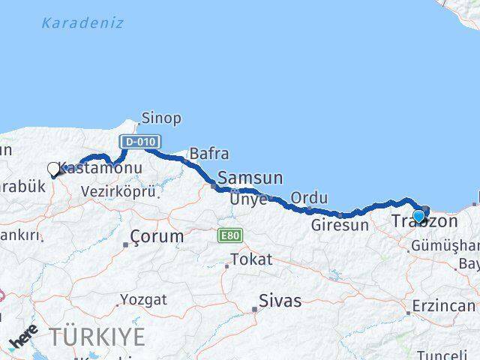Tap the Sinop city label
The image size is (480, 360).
(x=161, y=118)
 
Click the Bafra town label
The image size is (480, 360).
(x=208, y=154)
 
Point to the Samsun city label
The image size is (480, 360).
(x=250, y=178)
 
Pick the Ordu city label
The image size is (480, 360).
(x=309, y=198)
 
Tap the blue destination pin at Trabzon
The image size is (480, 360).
(x=418, y=217)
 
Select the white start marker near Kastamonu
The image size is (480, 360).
(x=53, y=169)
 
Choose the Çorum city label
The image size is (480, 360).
(x=156, y=237)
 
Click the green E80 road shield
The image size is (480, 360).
(x=229, y=236)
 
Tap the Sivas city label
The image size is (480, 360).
(x=280, y=301)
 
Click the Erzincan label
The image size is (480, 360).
(x=443, y=306)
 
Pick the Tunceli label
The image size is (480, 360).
(x=442, y=354)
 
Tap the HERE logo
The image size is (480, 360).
(x=23, y=337)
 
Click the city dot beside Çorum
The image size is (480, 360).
(x=125, y=244)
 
